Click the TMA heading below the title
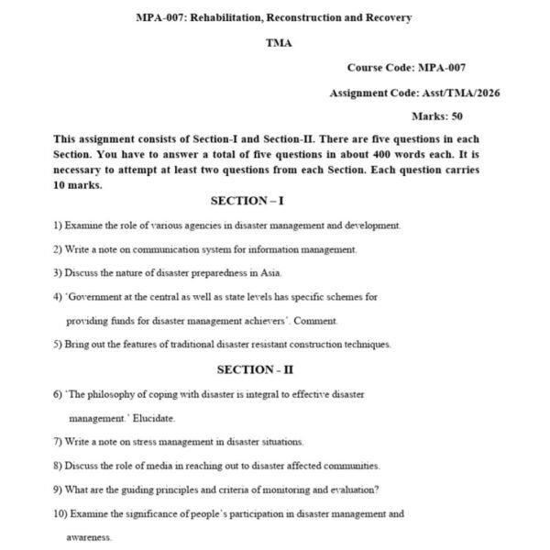click(x=279, y=43)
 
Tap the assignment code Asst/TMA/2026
click(x=461, y=93)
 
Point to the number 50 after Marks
click(x=456, y=116)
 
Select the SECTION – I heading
click(x=247, y=201)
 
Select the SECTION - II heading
click(x=255, y=369)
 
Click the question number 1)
click(x=58, y=225)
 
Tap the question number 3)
click(x=58, y=273)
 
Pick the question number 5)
click(x=58, y=345)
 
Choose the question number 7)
click(x=58, y=442)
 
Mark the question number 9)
click(x=58, y=489)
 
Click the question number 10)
click(x=60, y=514)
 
